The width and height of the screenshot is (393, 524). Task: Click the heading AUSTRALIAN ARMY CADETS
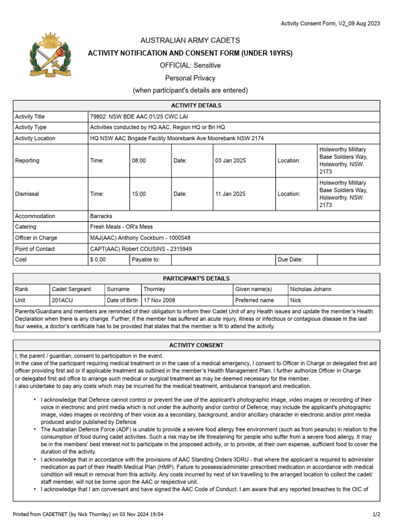click(x=190, y=40)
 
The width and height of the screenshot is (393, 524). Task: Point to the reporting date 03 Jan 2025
click(x=230, y=161)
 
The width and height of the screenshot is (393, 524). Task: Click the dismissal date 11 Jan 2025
click(x=230, y=194)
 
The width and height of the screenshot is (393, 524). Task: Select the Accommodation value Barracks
click(x=101, y=216)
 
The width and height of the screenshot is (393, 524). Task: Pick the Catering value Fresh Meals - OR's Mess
click(x=121, y=227)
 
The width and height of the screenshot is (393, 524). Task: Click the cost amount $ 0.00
click(x=98, y=260)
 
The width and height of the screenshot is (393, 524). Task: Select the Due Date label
click(x=290, y=260)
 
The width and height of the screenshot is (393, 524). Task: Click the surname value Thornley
click(x=155, y=289)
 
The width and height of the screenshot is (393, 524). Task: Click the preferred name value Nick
click(x=296, y=300)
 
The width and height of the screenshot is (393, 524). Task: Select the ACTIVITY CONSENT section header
click(x=196, y=345)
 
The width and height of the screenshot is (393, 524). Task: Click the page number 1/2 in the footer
click(x=376, y=514)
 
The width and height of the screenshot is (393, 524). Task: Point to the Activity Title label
click(x=30, y=117)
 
